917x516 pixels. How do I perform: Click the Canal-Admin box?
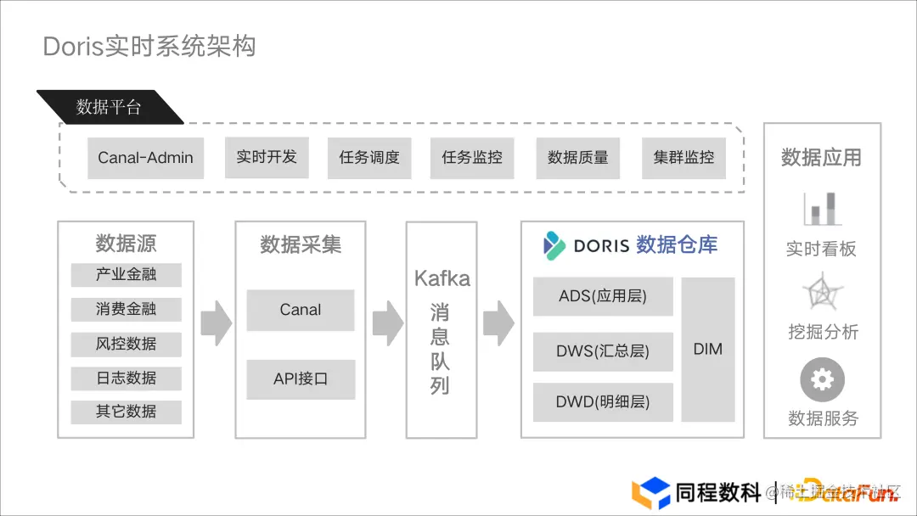click(x=145, y=158)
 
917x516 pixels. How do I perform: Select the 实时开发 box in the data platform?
click(x=267, y=157)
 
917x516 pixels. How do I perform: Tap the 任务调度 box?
click(x=369, y=158)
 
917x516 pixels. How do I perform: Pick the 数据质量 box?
click(x=578, y=158)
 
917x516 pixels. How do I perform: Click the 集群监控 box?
click(x=684, y=158)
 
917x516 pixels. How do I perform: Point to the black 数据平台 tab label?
click(x=109, y=107)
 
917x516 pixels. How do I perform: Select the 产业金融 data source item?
click(x=126, y=275)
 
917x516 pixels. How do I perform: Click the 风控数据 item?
click(x=126, y=344)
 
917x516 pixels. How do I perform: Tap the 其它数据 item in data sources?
click(x=126, y=412)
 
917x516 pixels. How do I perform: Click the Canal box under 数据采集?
click(x=300, y=310)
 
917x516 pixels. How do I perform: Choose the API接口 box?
click(x=300, y=379)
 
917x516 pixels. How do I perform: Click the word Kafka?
click(x=442, y=278)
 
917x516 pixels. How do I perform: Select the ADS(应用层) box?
click(x=603, y=296)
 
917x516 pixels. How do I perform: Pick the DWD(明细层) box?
click(x=603, y=402)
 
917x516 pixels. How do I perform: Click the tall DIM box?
click(x=707, y=349)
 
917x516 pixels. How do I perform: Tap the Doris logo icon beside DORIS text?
click(x=554, y=245)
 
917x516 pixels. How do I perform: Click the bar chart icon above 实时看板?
click(x=821, y=209)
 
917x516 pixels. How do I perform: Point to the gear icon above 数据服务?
click(x=822, y=379)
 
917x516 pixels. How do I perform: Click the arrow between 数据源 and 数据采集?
click(x=216, y=323)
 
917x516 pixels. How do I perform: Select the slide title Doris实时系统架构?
click(x=149, y=46)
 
